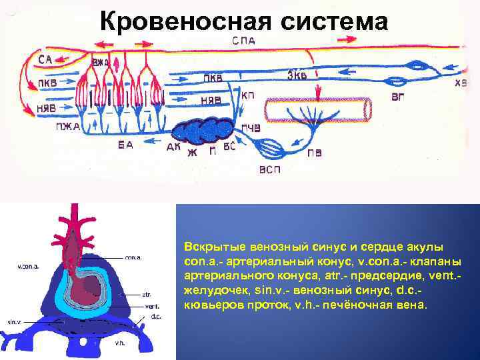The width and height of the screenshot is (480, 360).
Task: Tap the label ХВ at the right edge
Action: pos(461,84)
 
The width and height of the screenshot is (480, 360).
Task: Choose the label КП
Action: pos(247,95)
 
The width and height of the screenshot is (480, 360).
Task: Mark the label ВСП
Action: pos(270,169)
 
